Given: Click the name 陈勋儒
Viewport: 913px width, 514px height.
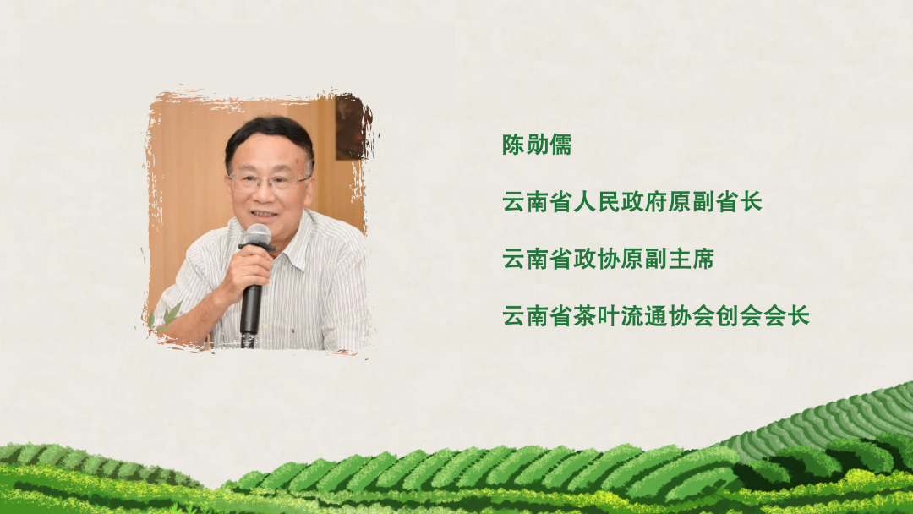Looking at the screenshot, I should [537, 145].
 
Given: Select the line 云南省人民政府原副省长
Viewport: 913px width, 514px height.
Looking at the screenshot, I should [632, 202].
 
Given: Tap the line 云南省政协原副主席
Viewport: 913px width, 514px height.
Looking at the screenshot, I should [608, 259].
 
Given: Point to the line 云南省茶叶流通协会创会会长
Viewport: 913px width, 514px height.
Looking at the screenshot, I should [656, 316].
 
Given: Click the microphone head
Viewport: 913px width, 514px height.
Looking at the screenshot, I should [256, 234].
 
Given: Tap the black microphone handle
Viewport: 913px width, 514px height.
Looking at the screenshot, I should [250, 309].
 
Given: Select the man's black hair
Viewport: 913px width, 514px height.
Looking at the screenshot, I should [268, 135].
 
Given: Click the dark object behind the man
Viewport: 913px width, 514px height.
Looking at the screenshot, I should [350, 127].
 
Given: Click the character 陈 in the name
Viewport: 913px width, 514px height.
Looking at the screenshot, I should [514, 145].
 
